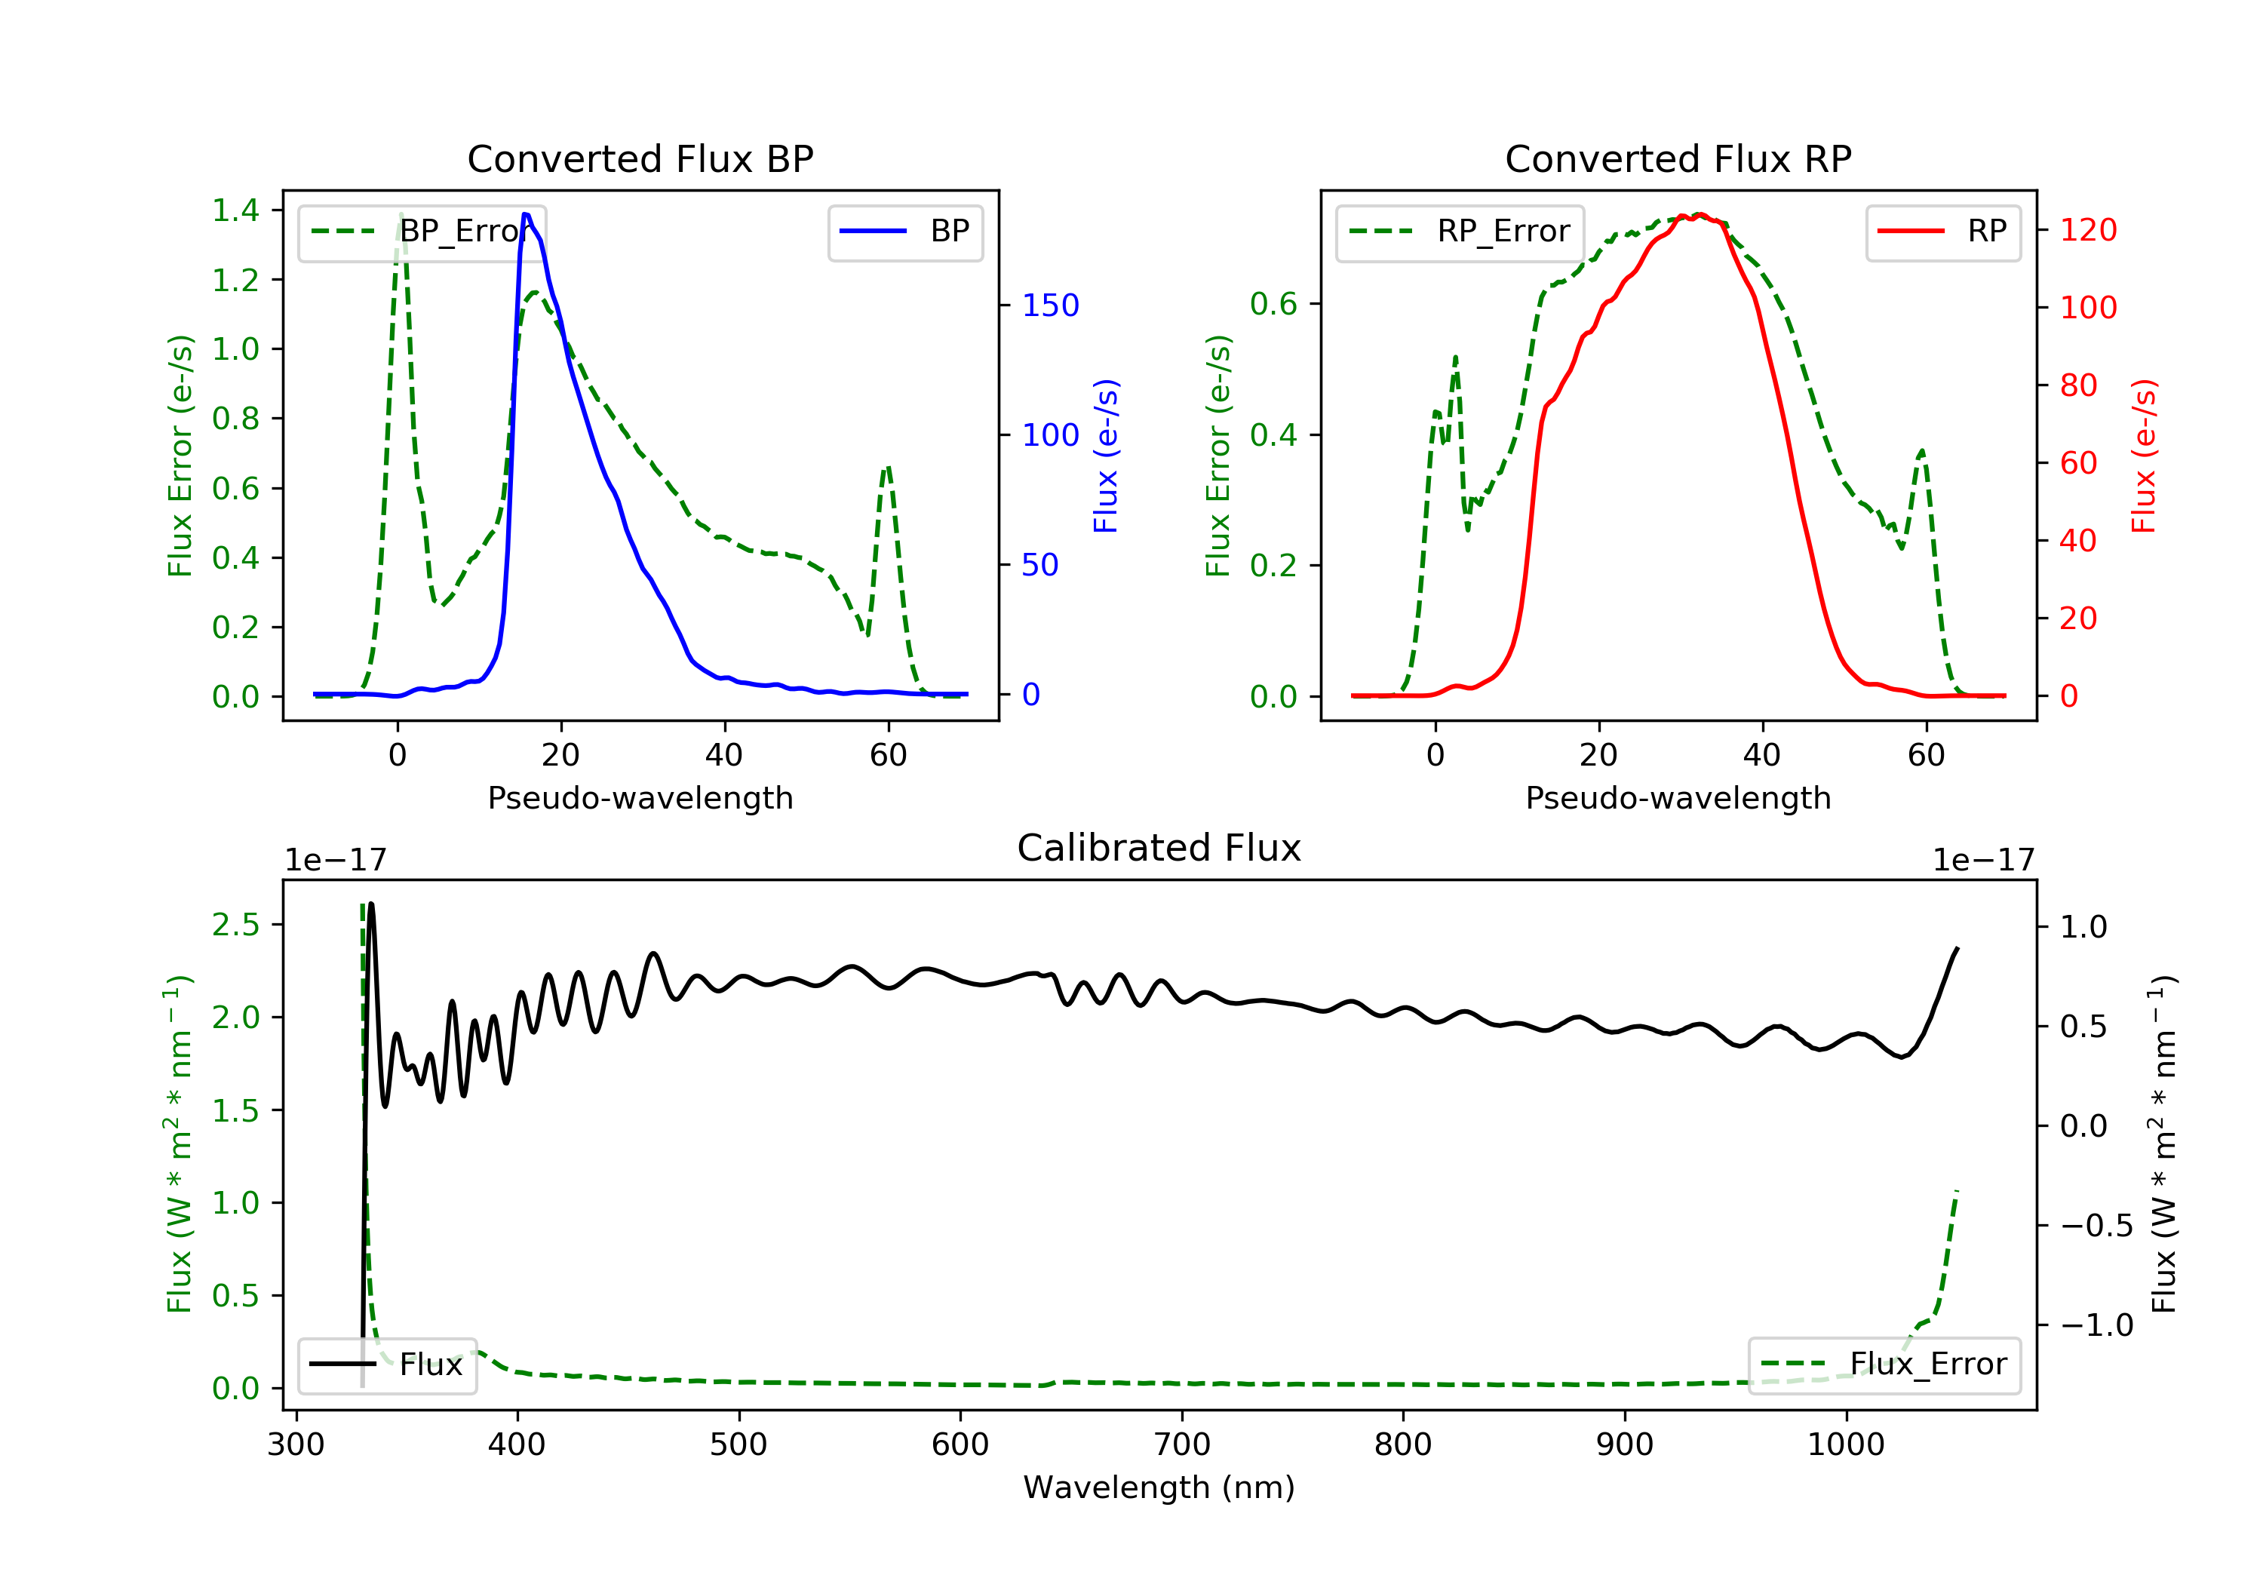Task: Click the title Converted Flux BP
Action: pyautogui.click(x=640, y=158)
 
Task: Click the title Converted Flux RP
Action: pyautogui.click(x=1678, y=158)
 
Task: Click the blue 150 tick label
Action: pyautogui.click(x=1050, y=305)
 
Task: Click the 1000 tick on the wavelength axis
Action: pyautogui.click(x=1845, y=1445)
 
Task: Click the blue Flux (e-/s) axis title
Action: pyautogui.click(x=1106, y=456)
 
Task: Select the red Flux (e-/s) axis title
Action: pyautogui.click(x=2144, y=456)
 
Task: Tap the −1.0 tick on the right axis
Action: pyautogui.click(x=2096, y=1325)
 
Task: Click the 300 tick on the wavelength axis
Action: pyautogui.click(x=296, y=1445)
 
